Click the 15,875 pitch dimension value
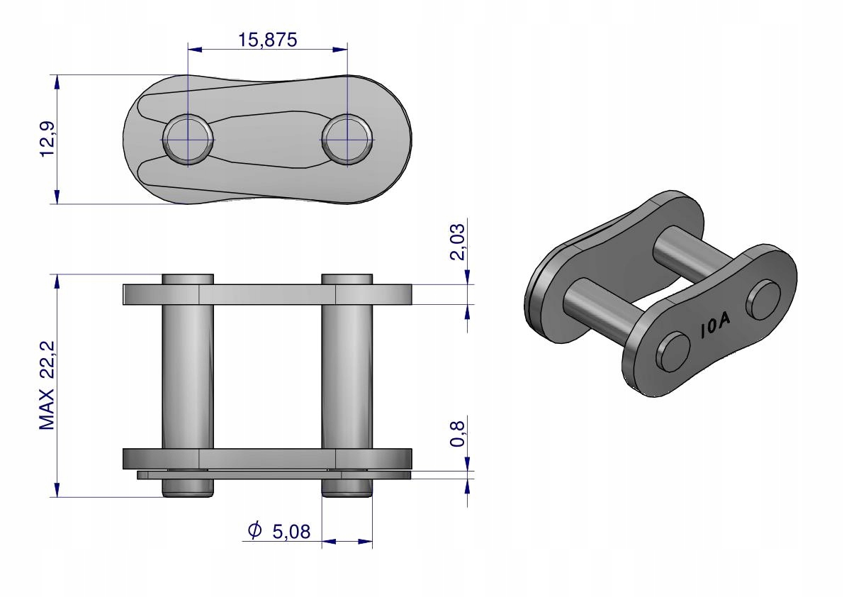pos(268,40)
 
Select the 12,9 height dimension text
pos(47,139)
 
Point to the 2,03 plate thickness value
pos(457,242)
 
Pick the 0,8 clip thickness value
pos(457,434)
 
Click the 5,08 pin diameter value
pos(291,532)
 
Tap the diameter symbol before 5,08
pos(254,530)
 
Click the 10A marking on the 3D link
pos(715,325)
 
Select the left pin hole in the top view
pos(187,139)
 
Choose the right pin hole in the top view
pos(347,139)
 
